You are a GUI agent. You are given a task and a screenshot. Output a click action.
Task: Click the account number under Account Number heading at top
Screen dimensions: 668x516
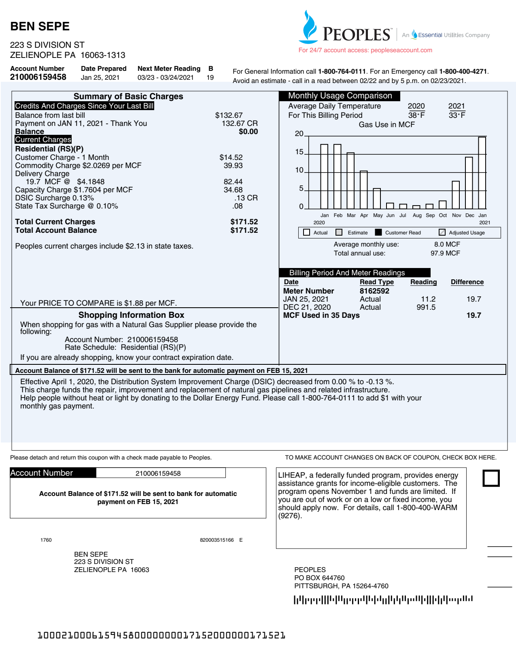click(38, 77)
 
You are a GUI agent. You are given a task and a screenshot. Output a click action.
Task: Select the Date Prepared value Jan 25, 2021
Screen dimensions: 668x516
click(100, 77)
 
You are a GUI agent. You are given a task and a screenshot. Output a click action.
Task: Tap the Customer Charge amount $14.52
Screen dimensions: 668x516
click(231, 157)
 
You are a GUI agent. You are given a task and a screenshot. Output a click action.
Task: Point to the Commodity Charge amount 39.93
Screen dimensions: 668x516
click(233, 166)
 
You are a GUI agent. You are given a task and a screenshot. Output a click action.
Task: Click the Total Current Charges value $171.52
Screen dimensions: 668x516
click(244, 222)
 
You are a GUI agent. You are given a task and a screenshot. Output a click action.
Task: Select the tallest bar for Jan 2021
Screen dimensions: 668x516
click(482, 173)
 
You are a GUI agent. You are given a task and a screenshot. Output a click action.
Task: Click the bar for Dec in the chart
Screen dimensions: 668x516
click(469, 183)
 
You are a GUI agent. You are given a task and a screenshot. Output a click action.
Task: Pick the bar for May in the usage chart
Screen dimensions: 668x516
click(377, 199)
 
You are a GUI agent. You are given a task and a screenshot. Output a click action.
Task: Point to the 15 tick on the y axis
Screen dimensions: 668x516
click(299, 152)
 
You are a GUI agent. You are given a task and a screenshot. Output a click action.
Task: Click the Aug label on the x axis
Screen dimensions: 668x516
click(417, 215)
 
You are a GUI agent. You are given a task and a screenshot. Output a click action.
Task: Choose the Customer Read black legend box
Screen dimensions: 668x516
click(378, 232)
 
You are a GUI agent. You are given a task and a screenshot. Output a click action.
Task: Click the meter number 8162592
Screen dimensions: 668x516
click(374, 291)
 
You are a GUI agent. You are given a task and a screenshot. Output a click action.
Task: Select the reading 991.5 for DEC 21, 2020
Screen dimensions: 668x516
click(426, 307)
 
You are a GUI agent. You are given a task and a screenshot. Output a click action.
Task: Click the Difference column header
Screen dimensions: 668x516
click(467, 282)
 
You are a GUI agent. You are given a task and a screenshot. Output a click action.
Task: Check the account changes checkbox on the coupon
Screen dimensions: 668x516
click(491, 478)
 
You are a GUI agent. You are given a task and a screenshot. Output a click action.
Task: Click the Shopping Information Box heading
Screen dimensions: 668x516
click(131, 315)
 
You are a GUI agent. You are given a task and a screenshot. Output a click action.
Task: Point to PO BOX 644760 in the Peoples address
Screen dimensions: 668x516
click(319, 578)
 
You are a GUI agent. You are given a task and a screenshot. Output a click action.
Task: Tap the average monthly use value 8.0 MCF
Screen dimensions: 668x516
click(447, 245)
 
